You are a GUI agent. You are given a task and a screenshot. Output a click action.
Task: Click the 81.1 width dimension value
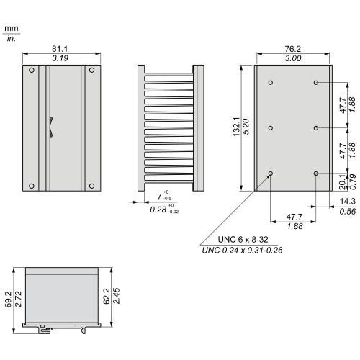coord(60,49)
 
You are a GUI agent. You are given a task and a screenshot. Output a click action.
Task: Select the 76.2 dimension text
coord(293,49)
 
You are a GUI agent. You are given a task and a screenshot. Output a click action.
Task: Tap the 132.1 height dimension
coord(237,127)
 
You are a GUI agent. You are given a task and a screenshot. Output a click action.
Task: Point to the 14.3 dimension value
coord(348,201)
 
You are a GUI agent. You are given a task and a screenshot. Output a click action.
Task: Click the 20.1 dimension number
coord(343,182)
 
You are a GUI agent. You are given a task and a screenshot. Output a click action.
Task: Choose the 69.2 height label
coord(8,300)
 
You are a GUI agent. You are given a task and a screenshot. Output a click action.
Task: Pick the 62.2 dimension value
coord(107,296)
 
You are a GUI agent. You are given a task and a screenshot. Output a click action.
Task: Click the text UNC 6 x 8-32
coord(243,240)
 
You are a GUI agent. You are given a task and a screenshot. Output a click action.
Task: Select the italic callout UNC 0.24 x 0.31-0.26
coord(242,251)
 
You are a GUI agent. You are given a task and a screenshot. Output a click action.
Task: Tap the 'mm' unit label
coord(12,28)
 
